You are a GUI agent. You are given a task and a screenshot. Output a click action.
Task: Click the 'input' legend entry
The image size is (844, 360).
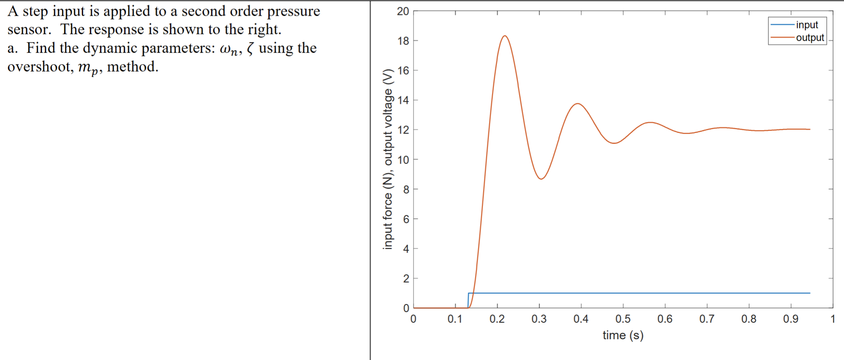pos(807,25)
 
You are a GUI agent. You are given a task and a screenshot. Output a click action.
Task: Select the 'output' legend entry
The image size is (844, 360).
pos(810,38)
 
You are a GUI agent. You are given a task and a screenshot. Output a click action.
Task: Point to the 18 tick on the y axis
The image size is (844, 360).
pos(403,41)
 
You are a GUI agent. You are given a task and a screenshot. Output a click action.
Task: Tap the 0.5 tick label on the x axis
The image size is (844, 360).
pos(623,319)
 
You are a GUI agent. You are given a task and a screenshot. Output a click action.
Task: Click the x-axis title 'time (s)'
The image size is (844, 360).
pos(623,335)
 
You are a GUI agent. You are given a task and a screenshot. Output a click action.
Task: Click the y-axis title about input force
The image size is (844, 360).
pos(388,159)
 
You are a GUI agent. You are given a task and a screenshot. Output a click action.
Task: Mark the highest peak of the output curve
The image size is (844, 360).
pos(505,36)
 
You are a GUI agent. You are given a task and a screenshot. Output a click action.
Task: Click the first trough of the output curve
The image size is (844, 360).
pos(541,179)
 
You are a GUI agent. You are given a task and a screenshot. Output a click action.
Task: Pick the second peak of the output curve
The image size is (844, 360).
pos(578,104)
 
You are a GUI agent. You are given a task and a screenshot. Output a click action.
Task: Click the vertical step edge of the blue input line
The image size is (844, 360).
pos(468,300)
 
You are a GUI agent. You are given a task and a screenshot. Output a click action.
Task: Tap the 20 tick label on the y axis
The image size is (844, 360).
pos(403,11)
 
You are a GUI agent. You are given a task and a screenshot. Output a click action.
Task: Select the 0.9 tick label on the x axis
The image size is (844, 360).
pos(791,319)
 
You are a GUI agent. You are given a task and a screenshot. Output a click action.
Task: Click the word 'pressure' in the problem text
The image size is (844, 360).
pos(293,11)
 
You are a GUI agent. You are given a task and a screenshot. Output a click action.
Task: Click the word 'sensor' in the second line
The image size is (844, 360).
pos(28,30)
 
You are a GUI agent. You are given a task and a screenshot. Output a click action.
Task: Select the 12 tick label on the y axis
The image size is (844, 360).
pos(403,130)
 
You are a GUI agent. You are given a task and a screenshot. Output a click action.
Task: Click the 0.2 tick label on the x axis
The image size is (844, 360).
pos(497,319)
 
